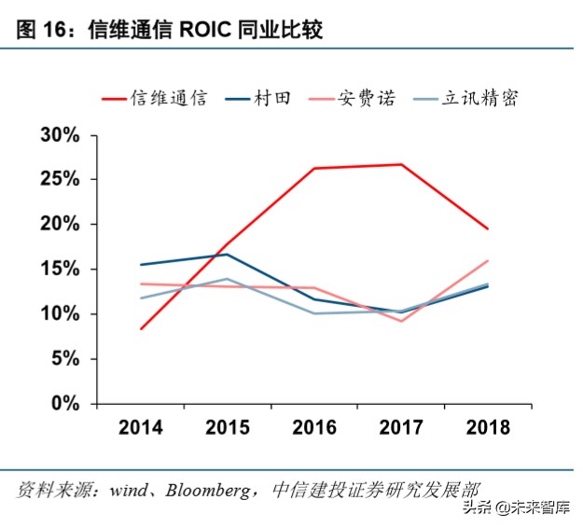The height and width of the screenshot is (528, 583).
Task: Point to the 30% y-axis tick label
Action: pyautogui.click(x=60, y=135)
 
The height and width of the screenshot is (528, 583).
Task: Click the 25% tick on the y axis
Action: pyautogui.click(x=60, y=180)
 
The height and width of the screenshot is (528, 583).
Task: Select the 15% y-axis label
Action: pyautogui.click(x=60, y=270)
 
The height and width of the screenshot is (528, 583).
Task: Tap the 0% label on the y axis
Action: pyautogui.click(x=65, y=404)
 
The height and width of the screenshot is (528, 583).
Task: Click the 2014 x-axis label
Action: pyautogui.click(x=140, y=427)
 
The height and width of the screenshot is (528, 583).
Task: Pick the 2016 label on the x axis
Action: pyautogui.click(x=313, y=427)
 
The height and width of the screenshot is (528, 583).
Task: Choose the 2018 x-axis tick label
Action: pyautogui.click(x=487, y=427)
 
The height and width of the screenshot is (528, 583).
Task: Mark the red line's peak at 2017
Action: pyautogui.click(x=401, y=164)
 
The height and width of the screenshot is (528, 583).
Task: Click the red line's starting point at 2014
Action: pyautogui.click(x=140, y=328)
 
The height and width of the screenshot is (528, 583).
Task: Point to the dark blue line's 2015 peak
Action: pyautogui.click(x=227, y=254)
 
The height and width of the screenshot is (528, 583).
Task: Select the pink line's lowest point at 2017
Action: pyautogui.click(x=401, y=321)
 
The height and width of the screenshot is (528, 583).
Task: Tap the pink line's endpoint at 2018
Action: pyautogui.click(x=488, y=260)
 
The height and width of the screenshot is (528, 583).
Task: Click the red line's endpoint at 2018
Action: pyautogui.click(x=488, y=229)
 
